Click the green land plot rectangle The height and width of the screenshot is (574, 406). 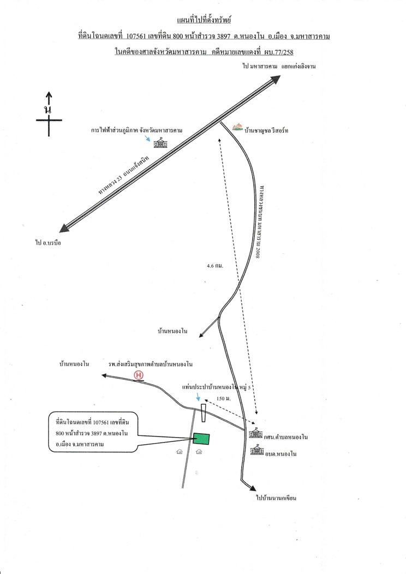(201, 439)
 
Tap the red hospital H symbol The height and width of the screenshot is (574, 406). (139, 375)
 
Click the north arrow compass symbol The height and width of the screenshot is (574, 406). (49, 114)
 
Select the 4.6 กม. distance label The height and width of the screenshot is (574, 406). (215, 266)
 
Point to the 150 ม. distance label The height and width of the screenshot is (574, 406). (223, 399)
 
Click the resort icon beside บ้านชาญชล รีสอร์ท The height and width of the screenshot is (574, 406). (237, 127)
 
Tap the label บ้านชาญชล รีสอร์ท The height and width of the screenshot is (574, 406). (266, 130)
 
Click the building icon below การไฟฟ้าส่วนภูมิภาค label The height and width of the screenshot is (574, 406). (160, 143)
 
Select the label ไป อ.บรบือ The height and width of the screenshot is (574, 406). (48, 243)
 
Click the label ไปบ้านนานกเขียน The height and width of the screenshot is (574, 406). (276, 498)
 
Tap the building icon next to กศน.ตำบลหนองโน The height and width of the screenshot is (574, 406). (255, 433)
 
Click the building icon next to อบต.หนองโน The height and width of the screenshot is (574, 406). (257, 450)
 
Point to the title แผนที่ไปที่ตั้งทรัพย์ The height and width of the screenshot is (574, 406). (204, 20)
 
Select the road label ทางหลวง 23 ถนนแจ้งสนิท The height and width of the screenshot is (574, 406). (124, 176)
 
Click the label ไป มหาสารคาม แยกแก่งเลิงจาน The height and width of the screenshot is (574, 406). (279, 66)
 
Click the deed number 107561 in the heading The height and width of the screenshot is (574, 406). (136, 36)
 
